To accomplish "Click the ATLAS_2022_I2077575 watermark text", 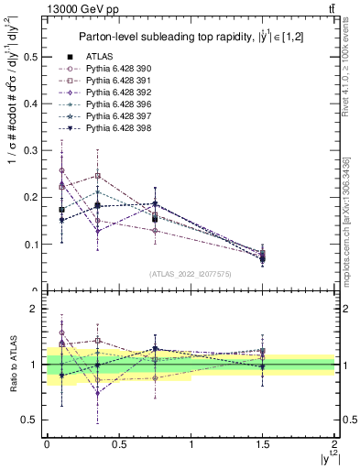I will [190, 274].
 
